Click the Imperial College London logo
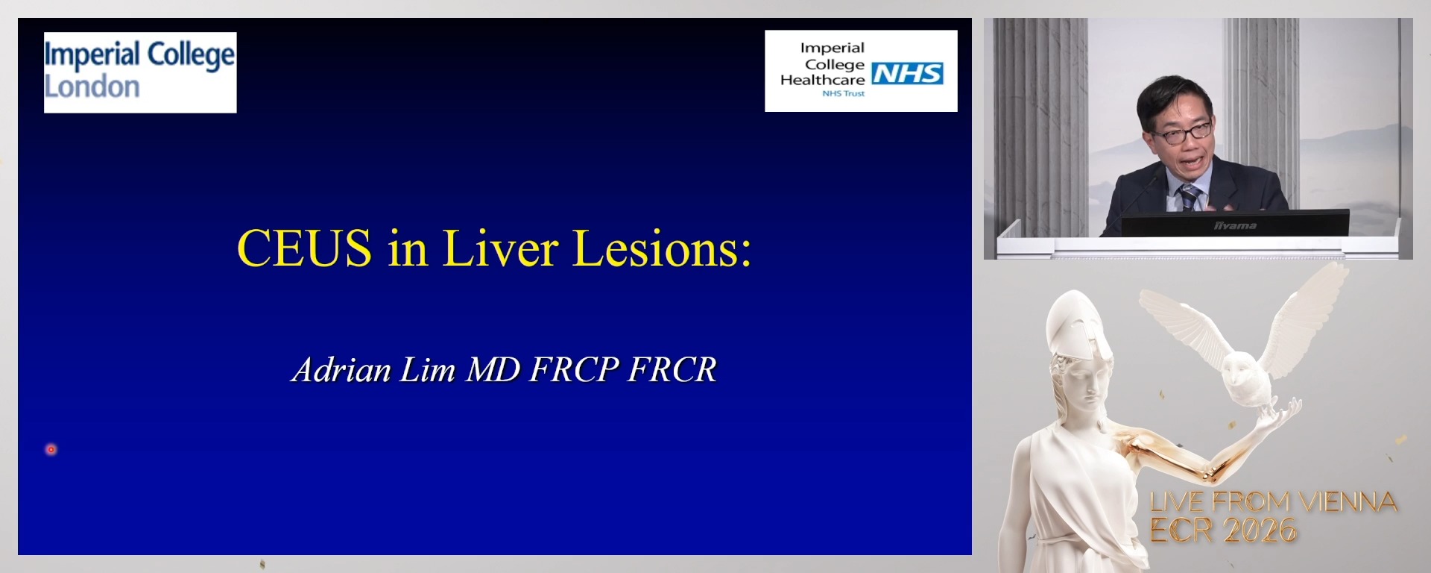140,72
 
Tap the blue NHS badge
907,73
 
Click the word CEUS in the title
304,248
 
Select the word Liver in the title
500,248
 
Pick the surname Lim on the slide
428,370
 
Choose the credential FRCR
672,370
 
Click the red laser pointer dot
51,449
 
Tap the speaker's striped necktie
1189,197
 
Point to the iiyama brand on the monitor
1235,225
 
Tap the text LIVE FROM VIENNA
1273,502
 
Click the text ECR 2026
1223,530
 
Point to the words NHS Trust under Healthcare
843,94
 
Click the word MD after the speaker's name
493,370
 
